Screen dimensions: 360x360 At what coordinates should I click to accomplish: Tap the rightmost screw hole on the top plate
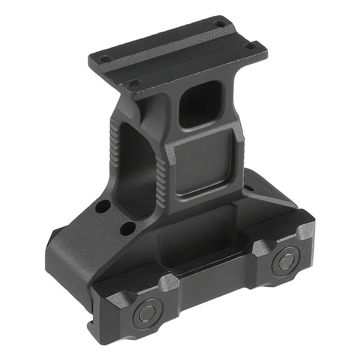coord(251,45)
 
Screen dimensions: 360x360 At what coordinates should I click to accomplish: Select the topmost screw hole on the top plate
coord(220,23)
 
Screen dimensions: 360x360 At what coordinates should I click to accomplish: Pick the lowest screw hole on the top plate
coord(134,83)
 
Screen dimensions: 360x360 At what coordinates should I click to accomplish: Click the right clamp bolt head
coord(286,261)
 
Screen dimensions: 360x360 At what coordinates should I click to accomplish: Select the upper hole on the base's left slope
coord(103,207)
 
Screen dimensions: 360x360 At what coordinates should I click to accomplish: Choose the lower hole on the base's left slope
coord(128,228)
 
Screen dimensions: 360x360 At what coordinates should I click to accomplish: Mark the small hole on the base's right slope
coord(248,188)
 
